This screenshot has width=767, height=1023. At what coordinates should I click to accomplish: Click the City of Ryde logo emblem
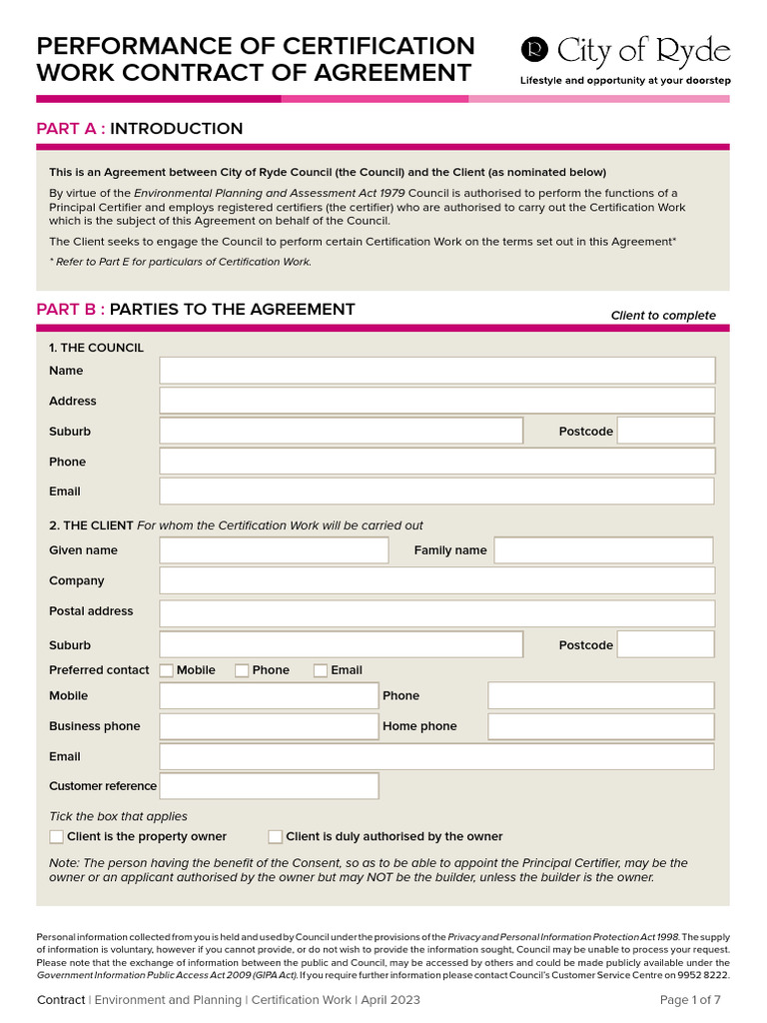point(536,50)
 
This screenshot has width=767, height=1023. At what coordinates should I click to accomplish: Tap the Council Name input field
point(436,371)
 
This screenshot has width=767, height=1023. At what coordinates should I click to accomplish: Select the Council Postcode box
point(665,431)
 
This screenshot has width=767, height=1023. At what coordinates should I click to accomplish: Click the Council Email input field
point(436,492)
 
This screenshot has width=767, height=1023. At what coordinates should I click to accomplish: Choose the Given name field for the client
point(274,550)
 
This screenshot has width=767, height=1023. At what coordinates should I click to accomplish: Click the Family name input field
point(603,550)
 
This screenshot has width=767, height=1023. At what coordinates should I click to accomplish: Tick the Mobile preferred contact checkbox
point(167,670)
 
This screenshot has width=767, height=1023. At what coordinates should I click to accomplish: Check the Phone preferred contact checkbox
point(242,670)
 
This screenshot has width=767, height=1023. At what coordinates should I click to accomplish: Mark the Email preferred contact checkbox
point(321,670)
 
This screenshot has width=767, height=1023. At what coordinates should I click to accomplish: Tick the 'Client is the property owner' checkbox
point(56,836)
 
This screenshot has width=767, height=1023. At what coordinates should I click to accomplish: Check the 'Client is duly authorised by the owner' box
point(276,836)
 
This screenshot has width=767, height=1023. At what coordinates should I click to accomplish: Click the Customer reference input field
point(269,786)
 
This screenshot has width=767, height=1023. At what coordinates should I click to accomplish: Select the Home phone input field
point(600,726)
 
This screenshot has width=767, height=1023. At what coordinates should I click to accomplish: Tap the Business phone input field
point(269,726)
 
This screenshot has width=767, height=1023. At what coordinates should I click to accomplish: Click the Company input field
point(436,580)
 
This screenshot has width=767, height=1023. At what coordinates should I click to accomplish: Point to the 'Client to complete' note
point(663,316)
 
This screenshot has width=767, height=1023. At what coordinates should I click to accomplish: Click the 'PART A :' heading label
point(71,129)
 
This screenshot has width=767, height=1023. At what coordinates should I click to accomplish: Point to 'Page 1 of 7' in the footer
point(690,1000)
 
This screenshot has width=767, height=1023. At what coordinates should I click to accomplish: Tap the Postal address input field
point(436,612)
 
